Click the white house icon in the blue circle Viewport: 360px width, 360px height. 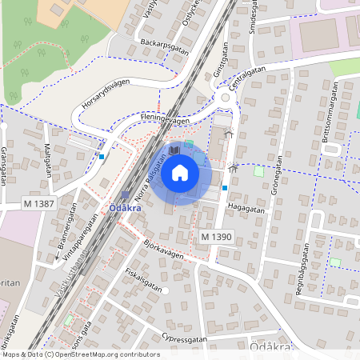tap(181, 172)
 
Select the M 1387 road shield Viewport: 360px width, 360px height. tap(39, 205)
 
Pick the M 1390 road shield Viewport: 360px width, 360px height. tap(216, 237)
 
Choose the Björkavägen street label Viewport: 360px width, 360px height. tap(164, 250)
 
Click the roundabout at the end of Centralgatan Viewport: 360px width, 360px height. tap(226, 98)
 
